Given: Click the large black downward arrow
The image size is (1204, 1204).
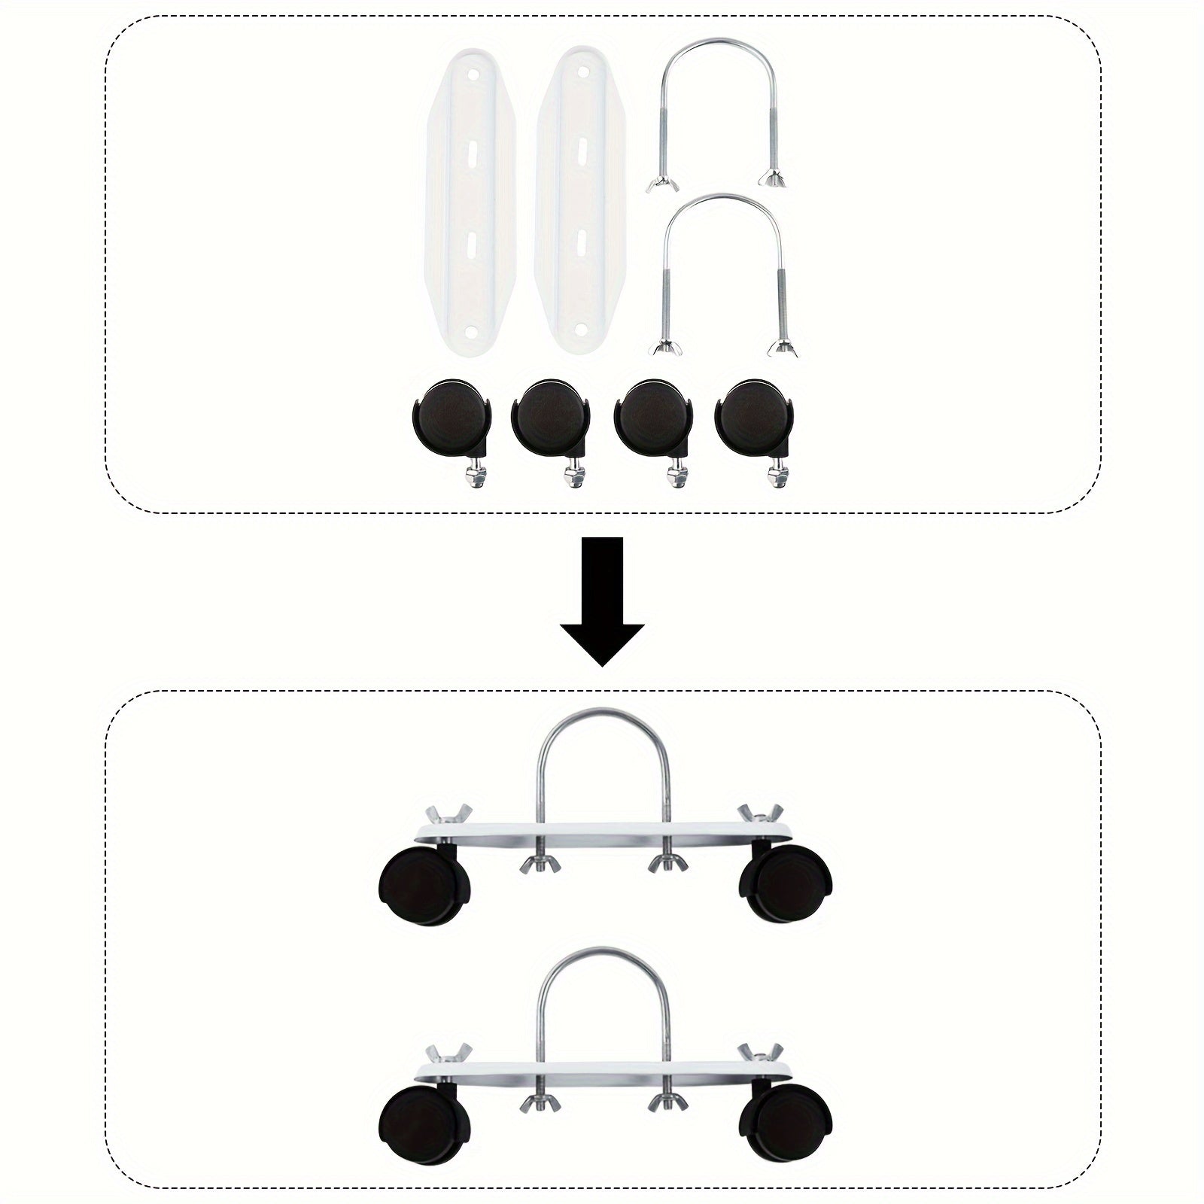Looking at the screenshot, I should point(602,602).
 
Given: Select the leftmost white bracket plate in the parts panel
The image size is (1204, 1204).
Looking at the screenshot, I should point(465,203).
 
